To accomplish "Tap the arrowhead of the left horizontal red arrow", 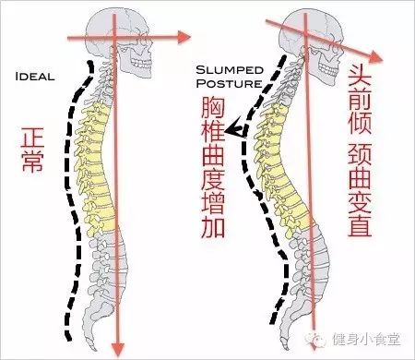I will [173, 39].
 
